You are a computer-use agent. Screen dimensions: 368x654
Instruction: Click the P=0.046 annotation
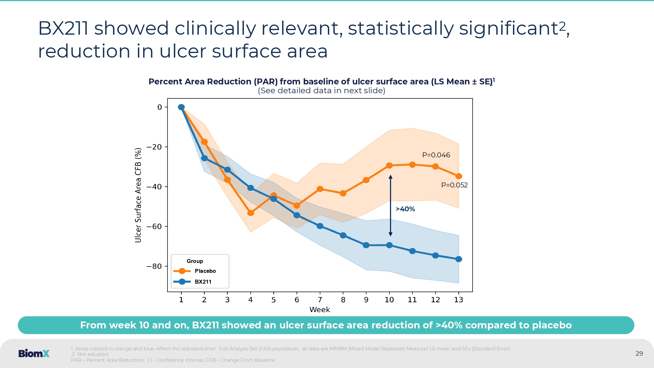pos(436,155)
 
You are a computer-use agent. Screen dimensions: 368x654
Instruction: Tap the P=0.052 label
pos(454,185)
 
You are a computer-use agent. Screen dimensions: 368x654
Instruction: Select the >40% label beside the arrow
pos(405,209)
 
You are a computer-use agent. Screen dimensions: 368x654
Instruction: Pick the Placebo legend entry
pos(205,271)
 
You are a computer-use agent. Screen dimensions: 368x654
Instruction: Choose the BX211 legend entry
pos(203,282)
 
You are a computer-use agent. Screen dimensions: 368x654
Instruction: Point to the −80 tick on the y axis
pos(154,266)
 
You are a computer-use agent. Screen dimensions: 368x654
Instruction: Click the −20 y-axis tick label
pos(154,147)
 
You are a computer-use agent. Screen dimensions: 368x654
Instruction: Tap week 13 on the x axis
pos(458,300)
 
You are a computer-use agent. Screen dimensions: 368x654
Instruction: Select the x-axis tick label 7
pos(320,300)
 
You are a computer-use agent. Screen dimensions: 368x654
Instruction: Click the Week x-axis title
pos(319,309)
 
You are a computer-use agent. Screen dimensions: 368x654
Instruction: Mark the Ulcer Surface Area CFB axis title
pos(138,195)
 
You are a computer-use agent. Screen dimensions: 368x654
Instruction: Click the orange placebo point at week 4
pos(251,213)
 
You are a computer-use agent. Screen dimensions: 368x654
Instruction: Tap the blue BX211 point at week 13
pos(458,259)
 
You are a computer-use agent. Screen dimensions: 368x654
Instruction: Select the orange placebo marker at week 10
pos(389,166)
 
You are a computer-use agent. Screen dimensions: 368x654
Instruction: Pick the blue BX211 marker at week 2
pos(204,158)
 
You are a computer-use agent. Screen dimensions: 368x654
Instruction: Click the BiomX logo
pos(34,353)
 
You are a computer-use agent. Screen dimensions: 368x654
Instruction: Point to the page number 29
pos(639,353)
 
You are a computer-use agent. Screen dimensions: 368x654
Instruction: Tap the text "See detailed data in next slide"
pos(321,91)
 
